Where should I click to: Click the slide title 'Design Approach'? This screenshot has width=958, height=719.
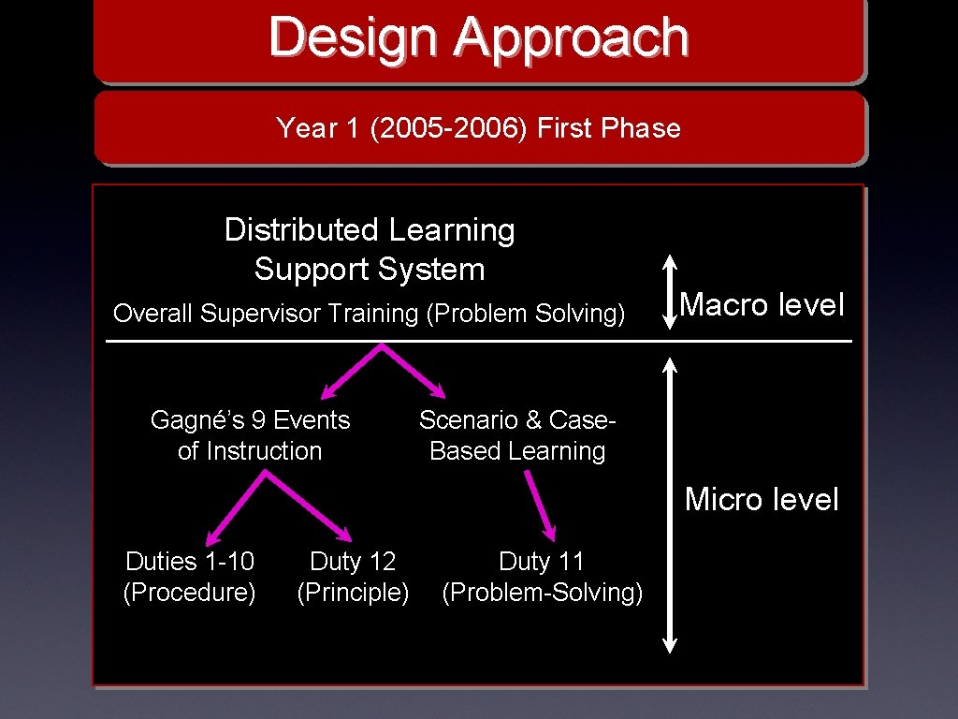478,38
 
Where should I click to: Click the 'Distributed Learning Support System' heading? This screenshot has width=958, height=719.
370,249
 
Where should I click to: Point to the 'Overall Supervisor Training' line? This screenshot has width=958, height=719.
267,314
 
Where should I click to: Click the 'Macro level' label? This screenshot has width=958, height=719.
762,304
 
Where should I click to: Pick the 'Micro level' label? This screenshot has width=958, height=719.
762,499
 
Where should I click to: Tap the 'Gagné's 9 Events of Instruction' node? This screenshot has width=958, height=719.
250,435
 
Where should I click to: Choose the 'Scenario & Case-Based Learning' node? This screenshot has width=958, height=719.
517,435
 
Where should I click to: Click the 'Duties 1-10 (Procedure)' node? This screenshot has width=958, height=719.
190,577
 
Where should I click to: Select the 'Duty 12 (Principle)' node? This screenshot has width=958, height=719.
353,577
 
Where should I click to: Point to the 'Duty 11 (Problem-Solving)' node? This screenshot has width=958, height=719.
542,577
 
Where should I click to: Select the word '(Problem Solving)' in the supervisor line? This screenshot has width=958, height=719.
525,314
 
